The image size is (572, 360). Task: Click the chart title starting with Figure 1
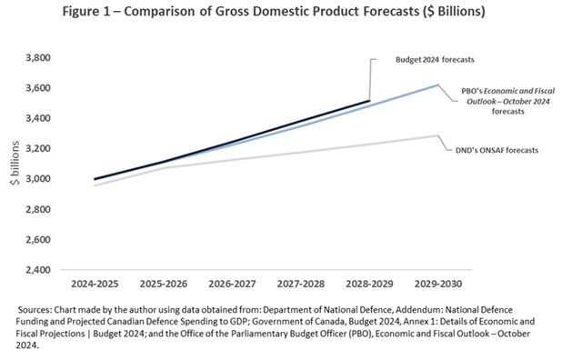tap(286, 13)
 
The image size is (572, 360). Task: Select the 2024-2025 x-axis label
tap(95, 285)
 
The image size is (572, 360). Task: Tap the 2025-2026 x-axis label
tap(163, 285)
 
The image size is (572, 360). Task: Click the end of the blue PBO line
tap(437, 85)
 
